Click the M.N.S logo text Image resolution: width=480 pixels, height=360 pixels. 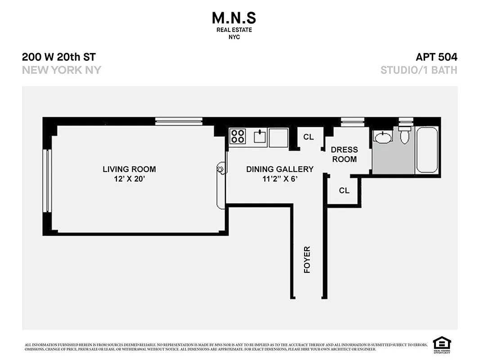coord(233,18)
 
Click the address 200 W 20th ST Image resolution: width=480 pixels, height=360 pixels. coord(59,57)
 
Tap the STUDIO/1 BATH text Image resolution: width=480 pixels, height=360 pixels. coord(419,70)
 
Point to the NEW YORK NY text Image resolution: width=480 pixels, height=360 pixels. coord(62,70)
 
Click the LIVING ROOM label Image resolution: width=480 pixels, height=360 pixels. coord(129,169)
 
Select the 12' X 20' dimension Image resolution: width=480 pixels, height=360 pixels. coord(129,179)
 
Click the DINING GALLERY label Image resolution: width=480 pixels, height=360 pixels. coord(279,169)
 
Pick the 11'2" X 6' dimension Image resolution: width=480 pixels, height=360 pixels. coord(279,179)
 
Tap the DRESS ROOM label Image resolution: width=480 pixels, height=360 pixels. coord(344,154)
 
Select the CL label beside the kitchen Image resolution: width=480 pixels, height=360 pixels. coord(308,137)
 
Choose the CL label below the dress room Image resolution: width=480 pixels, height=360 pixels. coord(344,191)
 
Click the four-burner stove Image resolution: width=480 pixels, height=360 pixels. coord(238,136)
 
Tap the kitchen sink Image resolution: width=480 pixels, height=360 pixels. coord(260,136)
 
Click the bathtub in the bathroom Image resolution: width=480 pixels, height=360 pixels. coord(427,150)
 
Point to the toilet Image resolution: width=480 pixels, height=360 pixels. coord(405,134)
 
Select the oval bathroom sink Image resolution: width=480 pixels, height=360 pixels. coord(383,137)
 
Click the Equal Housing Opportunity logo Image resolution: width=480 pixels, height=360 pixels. coord(442,345)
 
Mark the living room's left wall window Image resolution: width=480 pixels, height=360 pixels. coord(46,180)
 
